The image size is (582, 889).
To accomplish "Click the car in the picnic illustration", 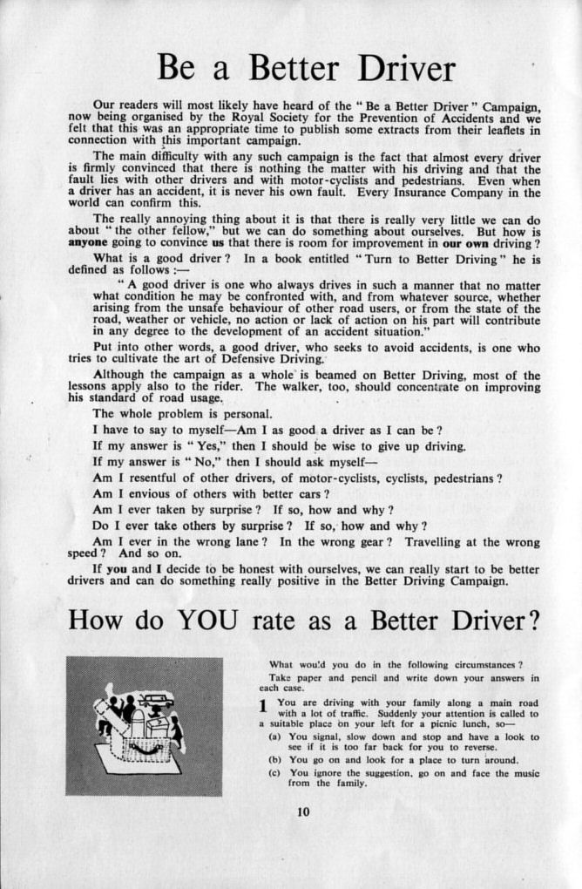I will tap(156, 700).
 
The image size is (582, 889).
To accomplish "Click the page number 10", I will tap(302, 812).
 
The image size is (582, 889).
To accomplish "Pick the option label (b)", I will tap(274, 760).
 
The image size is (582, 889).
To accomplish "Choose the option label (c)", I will tap(274, 772).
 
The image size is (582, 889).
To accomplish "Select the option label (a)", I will tap(274, 736).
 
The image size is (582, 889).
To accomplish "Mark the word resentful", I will tap(165, 478).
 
